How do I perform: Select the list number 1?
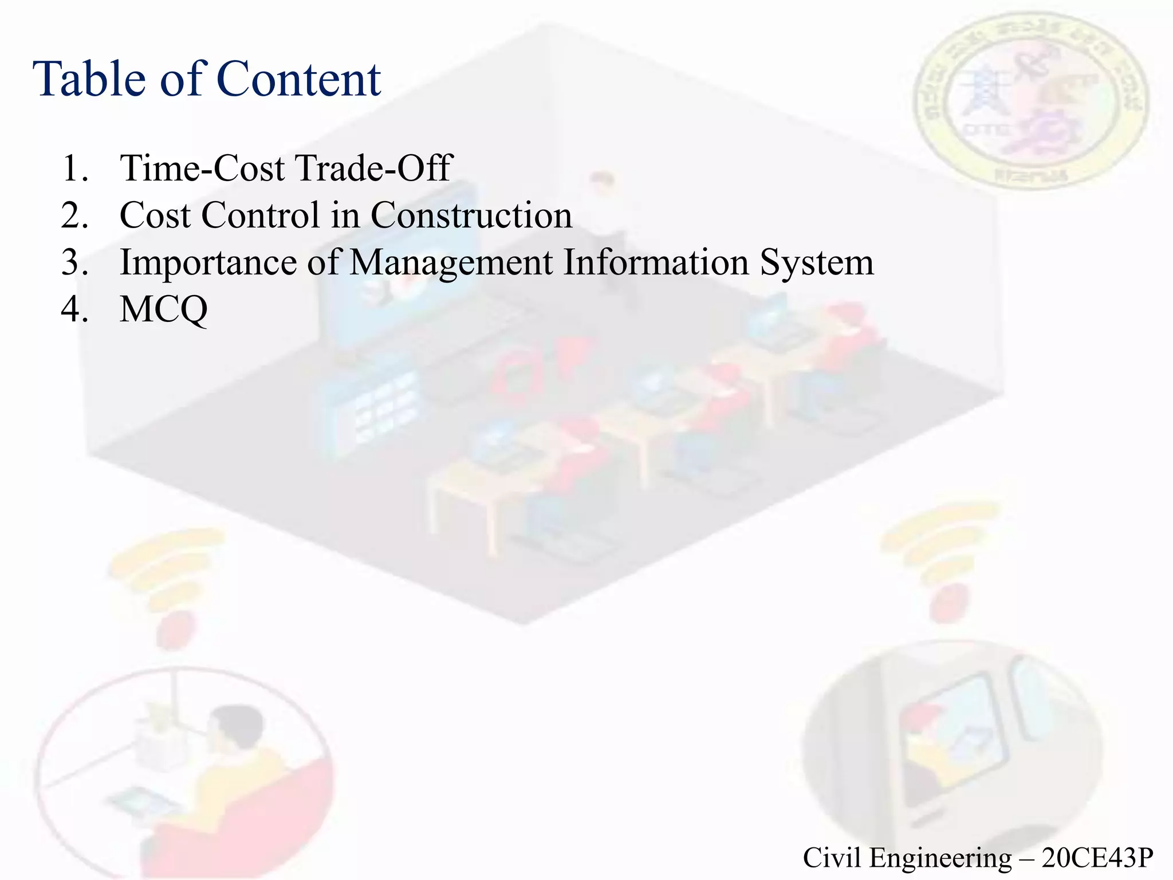[x=73, y=168]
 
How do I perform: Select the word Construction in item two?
[x=471, y=215]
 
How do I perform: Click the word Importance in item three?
[x=208, y=262]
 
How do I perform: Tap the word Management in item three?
[x=451, y=264]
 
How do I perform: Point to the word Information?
[x=655, y=262]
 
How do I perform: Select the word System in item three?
[x=817, y=264]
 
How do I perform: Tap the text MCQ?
[x=164, y=310]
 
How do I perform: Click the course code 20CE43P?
[x=1097, y=858]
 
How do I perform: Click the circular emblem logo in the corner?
[x=1031, y=100]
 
